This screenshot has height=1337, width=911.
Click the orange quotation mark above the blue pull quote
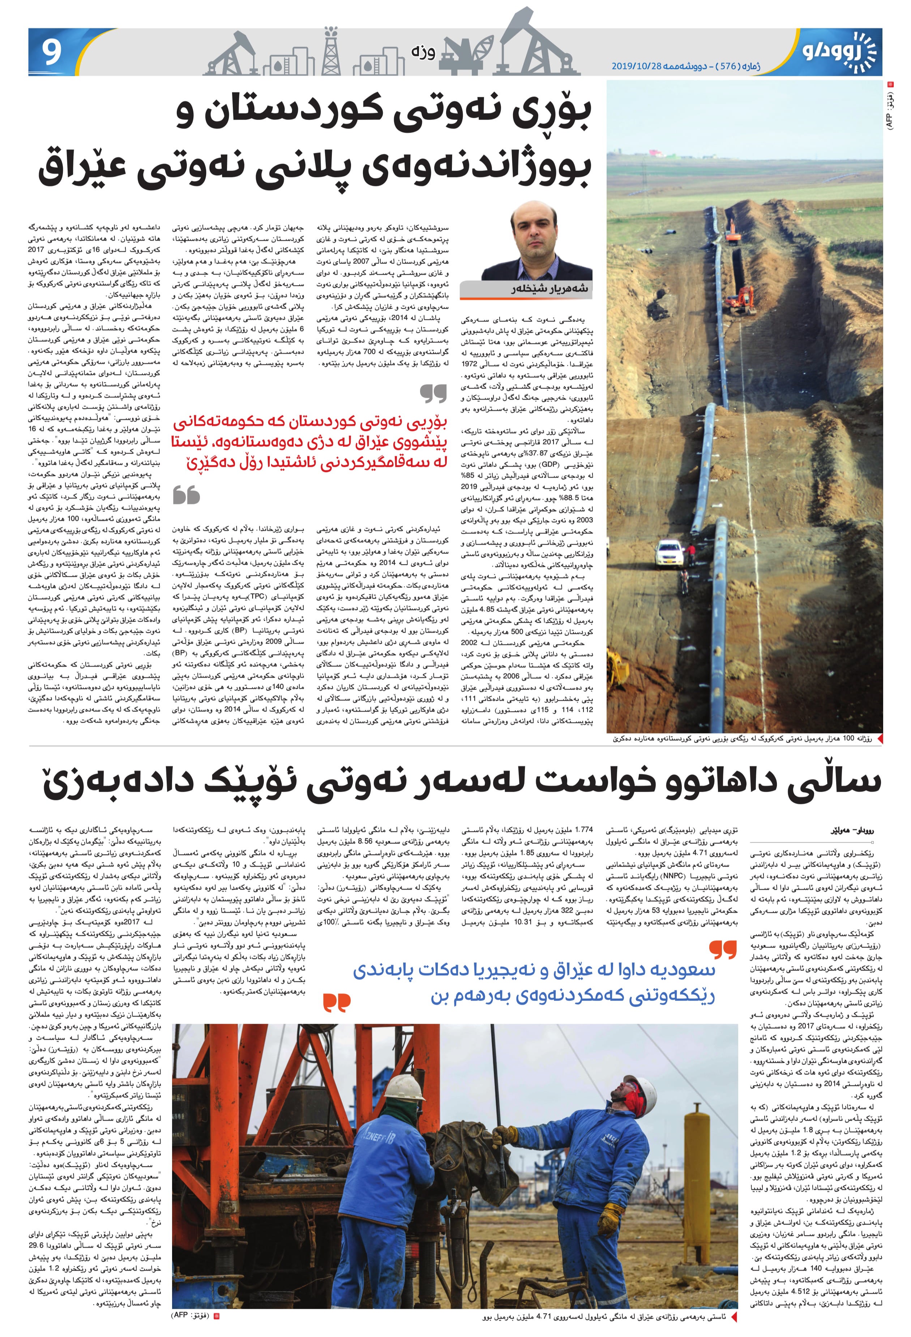pos(723,949)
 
